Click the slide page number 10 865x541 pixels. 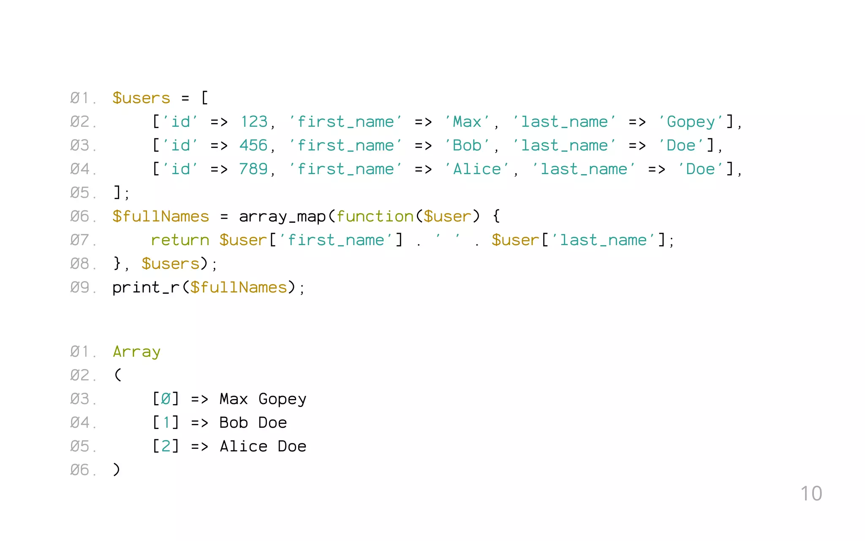click(x=811, y=494)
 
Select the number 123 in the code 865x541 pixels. click(x=254, y=122)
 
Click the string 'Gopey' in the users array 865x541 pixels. click(x=691, y=122)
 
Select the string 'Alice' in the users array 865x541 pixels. click(x=477, y=169)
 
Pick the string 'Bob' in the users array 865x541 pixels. click(x=467, y=146)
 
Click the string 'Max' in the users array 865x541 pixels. click(x=467, y=122)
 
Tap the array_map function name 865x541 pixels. click(x=282, y=217)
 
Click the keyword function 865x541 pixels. click(x=375, y=217)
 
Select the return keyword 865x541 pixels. click(x=180, y=240)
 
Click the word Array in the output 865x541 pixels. click(x=136, y=352)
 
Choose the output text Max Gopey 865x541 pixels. click(x=263, y=399)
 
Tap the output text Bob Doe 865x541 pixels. click(x=253, y=423)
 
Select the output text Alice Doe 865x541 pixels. click(x=263, y=447)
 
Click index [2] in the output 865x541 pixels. click(x=166, y=447)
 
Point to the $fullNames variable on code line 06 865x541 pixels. click(x=160, y=217)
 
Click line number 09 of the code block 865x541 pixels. click(x=80, y=288)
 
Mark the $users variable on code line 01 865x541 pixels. click(x=141, y=98)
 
